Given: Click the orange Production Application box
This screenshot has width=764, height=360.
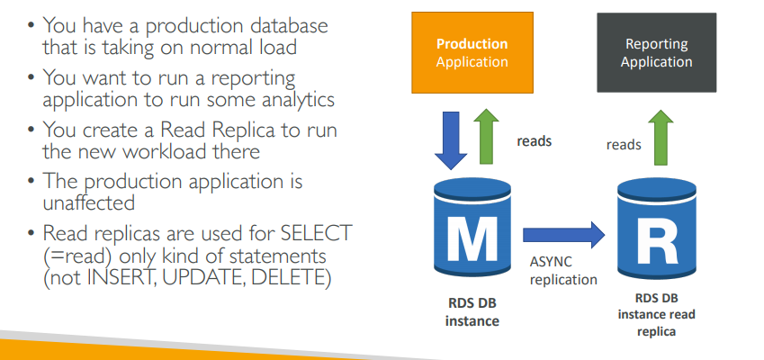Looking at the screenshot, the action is pyautogui.click(x=472, y=52).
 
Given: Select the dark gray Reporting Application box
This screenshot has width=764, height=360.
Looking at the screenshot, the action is pyautogui.click(x=656, y=52).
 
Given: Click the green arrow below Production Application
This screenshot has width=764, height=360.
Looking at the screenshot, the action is pyautogui.click(x=486, y=137).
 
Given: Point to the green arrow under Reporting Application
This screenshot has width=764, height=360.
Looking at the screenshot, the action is pyautogui.click(x=661, y=138).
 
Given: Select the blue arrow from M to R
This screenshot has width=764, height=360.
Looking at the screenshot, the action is pyautogui.click(x=563, y=235).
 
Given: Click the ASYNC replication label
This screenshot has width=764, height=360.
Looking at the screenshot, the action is pyautogui.click(x=563, y=270).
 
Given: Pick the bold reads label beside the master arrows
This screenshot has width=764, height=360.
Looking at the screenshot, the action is pyautogui.click(x=534, y=141).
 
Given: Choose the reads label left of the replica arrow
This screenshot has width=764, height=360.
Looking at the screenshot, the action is pyautogui.click(x=624, y=144).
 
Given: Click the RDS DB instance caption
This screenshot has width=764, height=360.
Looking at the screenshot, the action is pyautogui.click(x=472, y=311).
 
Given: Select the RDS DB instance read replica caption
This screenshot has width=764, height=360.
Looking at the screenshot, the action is pyautogui.click(x=656, y=315).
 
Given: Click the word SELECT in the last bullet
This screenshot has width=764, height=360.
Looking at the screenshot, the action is pyautogui.click(x=317, y=233).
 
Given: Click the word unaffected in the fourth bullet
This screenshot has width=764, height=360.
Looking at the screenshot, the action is pyautogui.click(x=89, y=202).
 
